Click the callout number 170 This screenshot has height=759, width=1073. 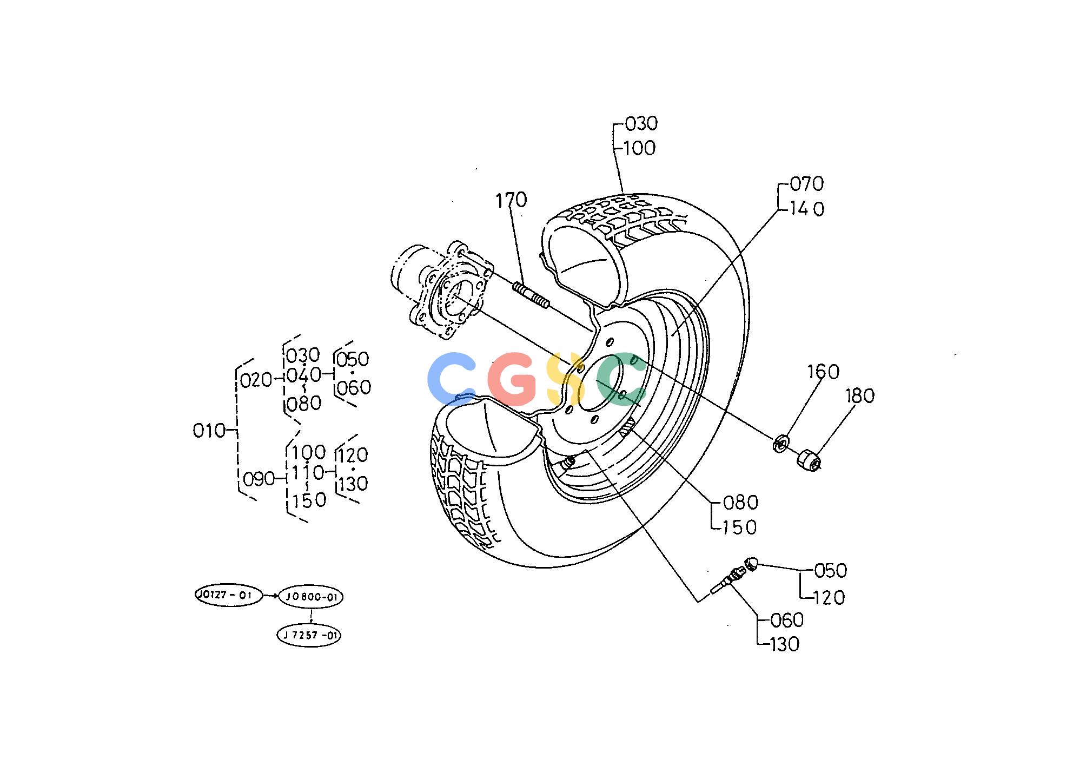click(x=511, y=200)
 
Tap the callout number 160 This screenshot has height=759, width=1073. click(x=823, y=372)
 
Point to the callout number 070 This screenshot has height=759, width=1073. click(x=807, y=184)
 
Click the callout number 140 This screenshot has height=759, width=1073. click(x=807, y=209)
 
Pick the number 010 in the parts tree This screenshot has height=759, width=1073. click(x=209, y=431)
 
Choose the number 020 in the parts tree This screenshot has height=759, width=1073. click(x=256, y=380)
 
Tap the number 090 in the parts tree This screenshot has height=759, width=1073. click(x=259, y=479)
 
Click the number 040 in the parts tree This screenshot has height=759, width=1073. click(x=304, y=375)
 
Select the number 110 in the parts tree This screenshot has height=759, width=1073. click(x=308, y=473)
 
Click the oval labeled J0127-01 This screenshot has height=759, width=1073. click(x=228, y=596)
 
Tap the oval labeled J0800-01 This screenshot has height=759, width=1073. click(x=310, y=597)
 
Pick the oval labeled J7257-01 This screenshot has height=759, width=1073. click(x=309, y=635)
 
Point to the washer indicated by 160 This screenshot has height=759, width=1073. click(x=780, y=444)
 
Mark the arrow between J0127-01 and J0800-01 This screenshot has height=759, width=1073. click(x=270, y=596)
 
